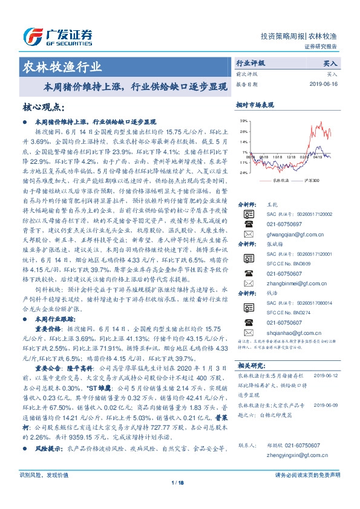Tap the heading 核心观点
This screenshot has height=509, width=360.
point(42,108)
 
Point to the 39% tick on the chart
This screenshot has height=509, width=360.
point(243,121)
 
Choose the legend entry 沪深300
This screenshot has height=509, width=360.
point(309,180)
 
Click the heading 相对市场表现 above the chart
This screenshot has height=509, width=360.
point(255,105)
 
